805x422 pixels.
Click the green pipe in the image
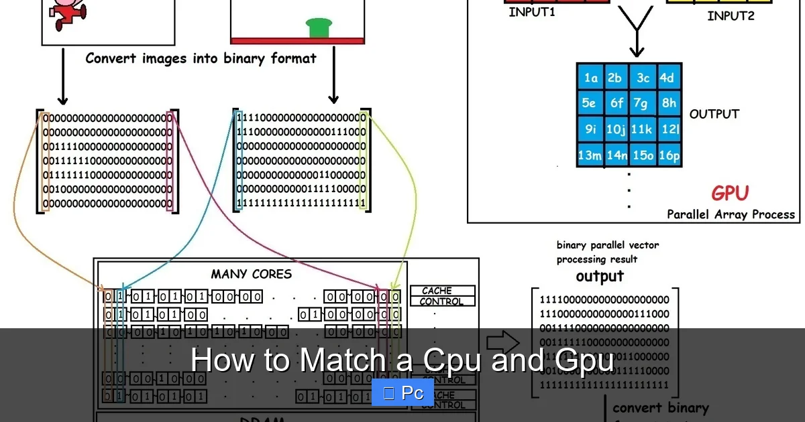click(319, 27)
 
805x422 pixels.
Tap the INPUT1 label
click(532, 12)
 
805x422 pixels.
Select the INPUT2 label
click(731, 15)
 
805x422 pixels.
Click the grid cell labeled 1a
click(590, 78)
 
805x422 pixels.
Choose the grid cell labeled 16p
click(669, 155)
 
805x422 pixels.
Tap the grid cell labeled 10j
click(616, 129)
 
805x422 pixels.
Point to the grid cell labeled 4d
click(667, 78)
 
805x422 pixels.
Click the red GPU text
click(729, 194)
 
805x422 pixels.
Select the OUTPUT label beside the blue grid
click(714, 114)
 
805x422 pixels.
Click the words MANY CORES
click(252, 274)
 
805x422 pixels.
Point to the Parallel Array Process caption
click(731, 214)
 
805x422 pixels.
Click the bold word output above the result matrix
click(600, 276)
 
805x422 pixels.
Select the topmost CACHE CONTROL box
click(442, 296)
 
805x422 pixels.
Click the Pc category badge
click(402, 393)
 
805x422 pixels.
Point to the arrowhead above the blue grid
click(636, 52)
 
